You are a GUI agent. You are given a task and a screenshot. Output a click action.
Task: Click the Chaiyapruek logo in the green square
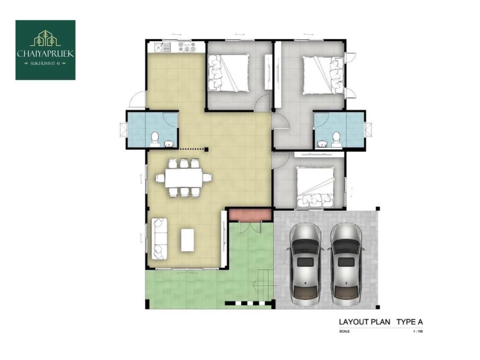[x=45, y=50]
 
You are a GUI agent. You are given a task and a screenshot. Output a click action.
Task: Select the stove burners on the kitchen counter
[x=187, y=47]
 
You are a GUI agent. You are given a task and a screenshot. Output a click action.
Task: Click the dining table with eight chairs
[x=184, y=177]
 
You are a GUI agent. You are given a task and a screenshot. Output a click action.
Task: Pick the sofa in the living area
[x=160, y=239]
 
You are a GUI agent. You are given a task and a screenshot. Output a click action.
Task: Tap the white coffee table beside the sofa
[x=188, y=240]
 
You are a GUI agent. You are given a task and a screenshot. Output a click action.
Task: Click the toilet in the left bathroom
[x=155, y=137]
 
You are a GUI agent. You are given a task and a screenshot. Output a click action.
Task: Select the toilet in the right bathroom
[x=336, y=137]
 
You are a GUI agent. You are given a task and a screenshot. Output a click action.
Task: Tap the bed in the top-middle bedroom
[x=228, y=72]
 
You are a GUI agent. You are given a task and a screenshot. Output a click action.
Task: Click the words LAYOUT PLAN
[x=364, y=322]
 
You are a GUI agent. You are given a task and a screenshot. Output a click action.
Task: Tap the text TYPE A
[x=410, y=322]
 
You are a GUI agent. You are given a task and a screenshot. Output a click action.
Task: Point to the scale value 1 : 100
[x=418, y=332]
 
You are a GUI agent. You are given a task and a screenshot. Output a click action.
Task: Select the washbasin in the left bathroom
[x=168, y=144]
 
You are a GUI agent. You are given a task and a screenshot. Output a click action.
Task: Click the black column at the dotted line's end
[x=206, y=149]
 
